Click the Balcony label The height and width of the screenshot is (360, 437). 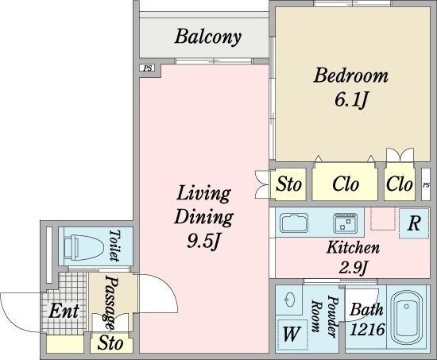click(208, 37)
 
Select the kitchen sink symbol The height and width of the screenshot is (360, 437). click(294, 223)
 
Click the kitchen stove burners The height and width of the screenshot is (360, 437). click(346, 223)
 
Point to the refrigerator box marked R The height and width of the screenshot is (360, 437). click(414, 223)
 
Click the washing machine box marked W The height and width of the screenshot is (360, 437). click(292, 335)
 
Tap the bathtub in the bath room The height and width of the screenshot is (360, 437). click(407, 319)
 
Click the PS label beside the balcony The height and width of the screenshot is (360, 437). click(148, 68)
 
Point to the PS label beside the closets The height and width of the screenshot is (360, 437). click(426, 184)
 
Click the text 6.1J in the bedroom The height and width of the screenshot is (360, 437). click(350, 100)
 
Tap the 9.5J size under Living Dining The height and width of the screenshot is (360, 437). click(203, 240)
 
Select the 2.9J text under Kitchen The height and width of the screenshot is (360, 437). click(353, 268)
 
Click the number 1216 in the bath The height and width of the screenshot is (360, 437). click(367, 329)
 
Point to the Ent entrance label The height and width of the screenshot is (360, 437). click(64, 311)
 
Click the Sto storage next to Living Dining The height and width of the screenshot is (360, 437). click(288, 184)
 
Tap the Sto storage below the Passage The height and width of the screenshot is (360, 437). click(110, 343)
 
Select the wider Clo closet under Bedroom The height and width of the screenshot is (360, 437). click(346, 184)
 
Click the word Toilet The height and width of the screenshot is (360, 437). click(114, 246)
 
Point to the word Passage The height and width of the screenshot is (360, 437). click(110, 303)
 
